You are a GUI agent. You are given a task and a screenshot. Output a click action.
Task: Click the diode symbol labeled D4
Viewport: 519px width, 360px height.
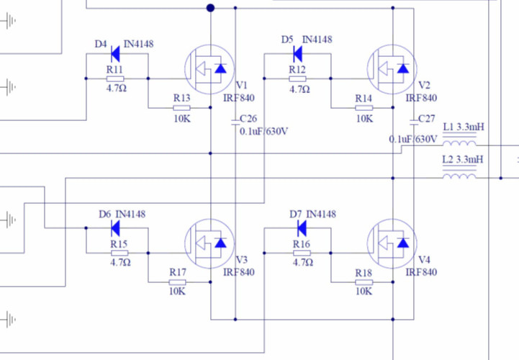pos(115,54)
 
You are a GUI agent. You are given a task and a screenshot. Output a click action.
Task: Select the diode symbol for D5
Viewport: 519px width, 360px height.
pos(297,54)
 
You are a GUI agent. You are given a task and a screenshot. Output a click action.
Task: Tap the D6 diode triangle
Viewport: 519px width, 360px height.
pos(115,228)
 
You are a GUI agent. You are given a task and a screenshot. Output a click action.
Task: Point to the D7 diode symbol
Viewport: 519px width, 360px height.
pos(302,228)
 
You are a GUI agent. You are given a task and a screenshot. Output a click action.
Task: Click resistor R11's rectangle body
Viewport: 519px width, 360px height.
pos(115,78)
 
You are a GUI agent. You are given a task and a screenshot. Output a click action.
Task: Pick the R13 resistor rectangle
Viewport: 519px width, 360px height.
pos(181,107)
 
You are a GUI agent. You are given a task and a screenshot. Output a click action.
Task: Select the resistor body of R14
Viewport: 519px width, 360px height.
pos(364,107)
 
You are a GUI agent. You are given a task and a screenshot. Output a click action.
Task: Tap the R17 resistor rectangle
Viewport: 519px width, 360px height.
pos(177,282)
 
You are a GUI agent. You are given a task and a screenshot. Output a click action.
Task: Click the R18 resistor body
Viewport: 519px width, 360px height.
pos(364,282)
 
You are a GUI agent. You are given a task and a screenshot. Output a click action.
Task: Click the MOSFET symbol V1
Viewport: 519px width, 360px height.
pos(209,69)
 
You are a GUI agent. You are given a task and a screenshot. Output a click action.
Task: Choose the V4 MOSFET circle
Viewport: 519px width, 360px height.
pos(392,244)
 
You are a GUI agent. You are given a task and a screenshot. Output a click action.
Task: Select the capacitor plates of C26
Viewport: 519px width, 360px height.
pos(235,122)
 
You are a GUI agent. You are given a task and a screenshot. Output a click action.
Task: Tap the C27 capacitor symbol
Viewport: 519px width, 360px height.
pos(414,122)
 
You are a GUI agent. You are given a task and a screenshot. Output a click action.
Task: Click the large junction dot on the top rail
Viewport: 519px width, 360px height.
pos(210,8)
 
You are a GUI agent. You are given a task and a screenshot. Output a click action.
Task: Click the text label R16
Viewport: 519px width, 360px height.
pos(302,244)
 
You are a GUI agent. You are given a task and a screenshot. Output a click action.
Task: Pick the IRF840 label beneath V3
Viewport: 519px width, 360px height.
pos(239,272)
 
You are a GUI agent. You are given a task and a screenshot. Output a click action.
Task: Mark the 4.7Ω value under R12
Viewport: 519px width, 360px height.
pos(299,89)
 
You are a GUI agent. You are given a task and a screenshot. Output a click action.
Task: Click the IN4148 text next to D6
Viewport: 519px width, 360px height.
pos(130,215)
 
